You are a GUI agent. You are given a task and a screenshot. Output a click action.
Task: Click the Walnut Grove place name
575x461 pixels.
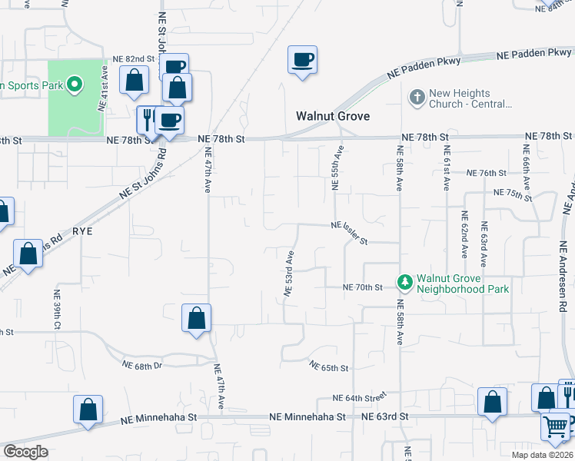pyautogui.click(x=333, y=117)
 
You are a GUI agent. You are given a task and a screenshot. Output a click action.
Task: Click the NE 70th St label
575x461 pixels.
pyautogui.click(x=362, y=287)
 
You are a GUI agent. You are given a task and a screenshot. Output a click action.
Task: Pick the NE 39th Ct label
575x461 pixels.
pyautogui.click(x=57, y=310)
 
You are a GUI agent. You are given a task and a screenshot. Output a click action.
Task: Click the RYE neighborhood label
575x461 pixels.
pyautogui.click(x=82, y=230)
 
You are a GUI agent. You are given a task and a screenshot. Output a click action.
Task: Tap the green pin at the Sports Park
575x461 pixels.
pyautogui.click(x=75, y=85)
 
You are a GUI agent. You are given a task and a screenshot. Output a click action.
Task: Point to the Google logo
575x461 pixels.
pyautogui.click(x=25, y=452)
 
